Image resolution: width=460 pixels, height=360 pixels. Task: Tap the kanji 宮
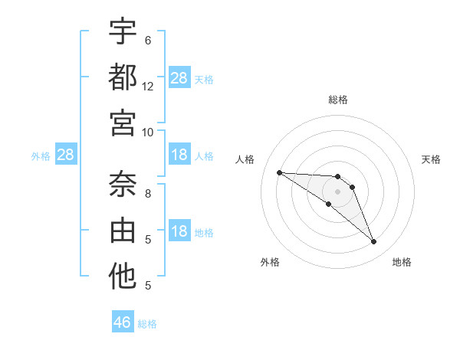coord(123,123)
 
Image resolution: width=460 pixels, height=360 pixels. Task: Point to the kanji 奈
coord(123,184)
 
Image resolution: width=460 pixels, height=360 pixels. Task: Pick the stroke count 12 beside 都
coord(148,87)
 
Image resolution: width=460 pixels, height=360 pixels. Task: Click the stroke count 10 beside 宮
coord(148,132)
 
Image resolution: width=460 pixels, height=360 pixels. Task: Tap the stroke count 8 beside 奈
coord(148,193)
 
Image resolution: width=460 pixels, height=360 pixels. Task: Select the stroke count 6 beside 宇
coord(148,40)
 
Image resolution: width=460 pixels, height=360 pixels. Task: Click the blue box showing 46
coord(123,322)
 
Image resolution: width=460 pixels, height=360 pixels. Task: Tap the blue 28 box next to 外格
coord(66,155)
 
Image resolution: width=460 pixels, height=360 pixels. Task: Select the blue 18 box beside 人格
coord(179,155)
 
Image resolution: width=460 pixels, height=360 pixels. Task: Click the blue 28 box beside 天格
coord(179,78)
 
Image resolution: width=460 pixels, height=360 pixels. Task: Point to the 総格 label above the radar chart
coord(338,100)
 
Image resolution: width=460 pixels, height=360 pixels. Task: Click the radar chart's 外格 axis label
coord(270,263)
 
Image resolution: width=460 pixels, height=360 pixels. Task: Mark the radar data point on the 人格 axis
coord(279,172)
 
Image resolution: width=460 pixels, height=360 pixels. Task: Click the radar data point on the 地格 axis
coord(373,242)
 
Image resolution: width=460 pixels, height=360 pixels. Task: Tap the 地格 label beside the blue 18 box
coord(205,233)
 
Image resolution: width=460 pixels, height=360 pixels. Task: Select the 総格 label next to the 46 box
coord(147,324)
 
